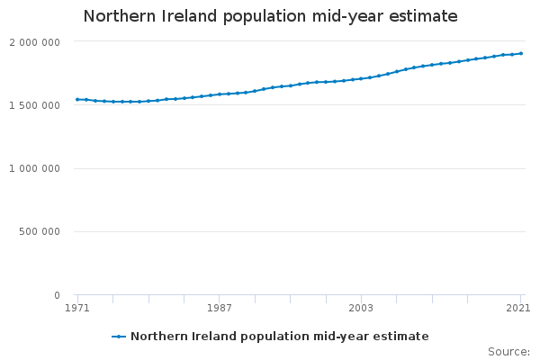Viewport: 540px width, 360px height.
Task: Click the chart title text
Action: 270,16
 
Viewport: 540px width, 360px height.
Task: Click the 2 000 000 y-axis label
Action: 35,42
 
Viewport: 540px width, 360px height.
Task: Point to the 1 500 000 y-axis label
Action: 35,105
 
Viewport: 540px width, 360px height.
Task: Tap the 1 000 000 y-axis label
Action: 35,168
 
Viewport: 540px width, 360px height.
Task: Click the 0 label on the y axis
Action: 57,295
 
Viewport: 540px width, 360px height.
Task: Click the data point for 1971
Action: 77,100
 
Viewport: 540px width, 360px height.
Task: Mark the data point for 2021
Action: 520,54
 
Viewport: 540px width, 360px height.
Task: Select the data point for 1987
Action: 220,94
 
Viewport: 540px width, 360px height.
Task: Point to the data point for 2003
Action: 361,79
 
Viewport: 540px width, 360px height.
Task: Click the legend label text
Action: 279,337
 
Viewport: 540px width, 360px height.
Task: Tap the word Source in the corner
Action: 508,352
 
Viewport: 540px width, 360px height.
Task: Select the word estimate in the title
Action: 422,16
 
